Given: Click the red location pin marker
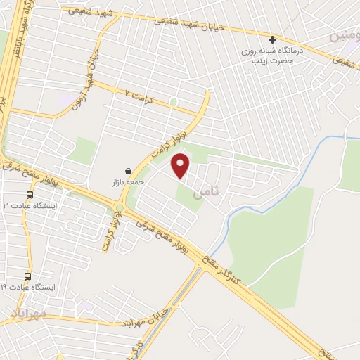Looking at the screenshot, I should pos(181,165).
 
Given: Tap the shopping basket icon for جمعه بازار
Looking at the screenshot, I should pos(128,171).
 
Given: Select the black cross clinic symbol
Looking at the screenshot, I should pos(272,39).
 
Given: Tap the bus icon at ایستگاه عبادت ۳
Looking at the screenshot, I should pos(30,195).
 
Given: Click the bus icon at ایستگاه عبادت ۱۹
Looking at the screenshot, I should pos(28,276).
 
